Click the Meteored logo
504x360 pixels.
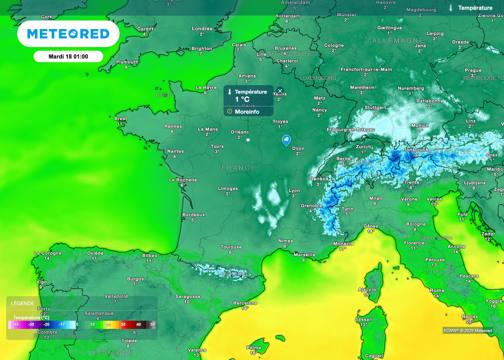[68, 33]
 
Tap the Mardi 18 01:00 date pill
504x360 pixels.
[68, 57]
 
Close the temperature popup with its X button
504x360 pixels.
[280, 91]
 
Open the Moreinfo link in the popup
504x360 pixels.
[248, 112]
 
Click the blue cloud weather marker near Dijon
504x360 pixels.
[286, 141]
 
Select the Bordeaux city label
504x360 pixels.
[193, 214]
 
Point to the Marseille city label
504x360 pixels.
[304, 254]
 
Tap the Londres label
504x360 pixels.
[202, 29]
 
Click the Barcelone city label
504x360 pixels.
[245, 303]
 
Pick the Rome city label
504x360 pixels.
[437, 290]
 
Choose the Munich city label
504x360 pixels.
[420, 125]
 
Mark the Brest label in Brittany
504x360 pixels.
[121, 119]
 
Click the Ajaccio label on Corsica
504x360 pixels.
[367, 290]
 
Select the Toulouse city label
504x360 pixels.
[231, 247]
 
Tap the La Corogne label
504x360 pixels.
[48, 253]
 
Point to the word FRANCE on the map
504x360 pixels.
[239, 168]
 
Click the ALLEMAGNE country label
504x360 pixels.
[398, 40]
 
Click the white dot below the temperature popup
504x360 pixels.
[248, 140]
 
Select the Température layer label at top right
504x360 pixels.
[475, 8]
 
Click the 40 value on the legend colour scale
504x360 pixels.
[139, 325]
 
